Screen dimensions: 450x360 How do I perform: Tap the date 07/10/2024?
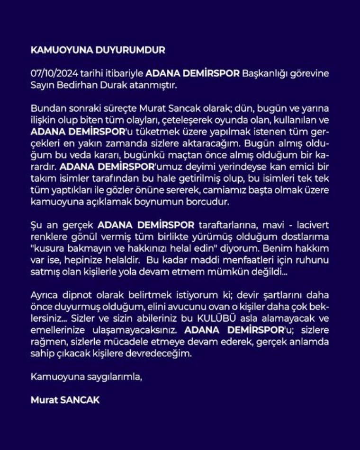pos(51,74)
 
